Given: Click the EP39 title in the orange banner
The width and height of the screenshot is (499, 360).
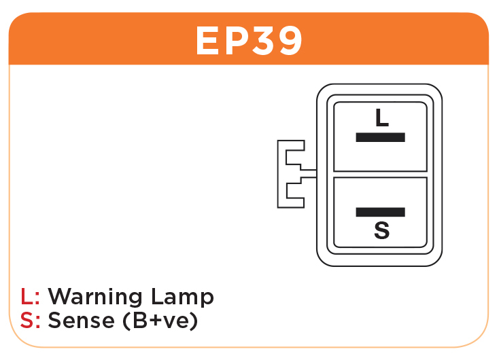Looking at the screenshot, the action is [249, 40].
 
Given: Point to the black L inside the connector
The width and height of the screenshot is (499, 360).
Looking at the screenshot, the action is [382, 118].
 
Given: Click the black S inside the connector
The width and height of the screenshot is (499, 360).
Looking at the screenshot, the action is [381, 230].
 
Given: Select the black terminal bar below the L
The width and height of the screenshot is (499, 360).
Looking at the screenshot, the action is [380, 137].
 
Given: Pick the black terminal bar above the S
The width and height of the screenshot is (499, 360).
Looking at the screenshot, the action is [380, 212].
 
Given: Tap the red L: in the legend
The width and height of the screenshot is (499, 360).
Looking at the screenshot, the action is [30, 296].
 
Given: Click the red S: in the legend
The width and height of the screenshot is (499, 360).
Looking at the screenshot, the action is [30, 320].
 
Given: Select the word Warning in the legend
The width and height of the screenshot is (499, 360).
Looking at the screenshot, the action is [94, 297].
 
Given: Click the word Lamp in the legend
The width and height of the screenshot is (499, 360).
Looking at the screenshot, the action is [182, 297].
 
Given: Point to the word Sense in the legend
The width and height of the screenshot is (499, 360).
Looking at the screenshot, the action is [81, 320].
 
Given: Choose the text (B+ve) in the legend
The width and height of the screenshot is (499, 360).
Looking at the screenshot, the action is [160, 321].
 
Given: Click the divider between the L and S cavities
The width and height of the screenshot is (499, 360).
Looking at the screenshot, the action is [380, 175].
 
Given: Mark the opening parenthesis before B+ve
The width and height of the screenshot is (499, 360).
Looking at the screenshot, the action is [126, 321].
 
